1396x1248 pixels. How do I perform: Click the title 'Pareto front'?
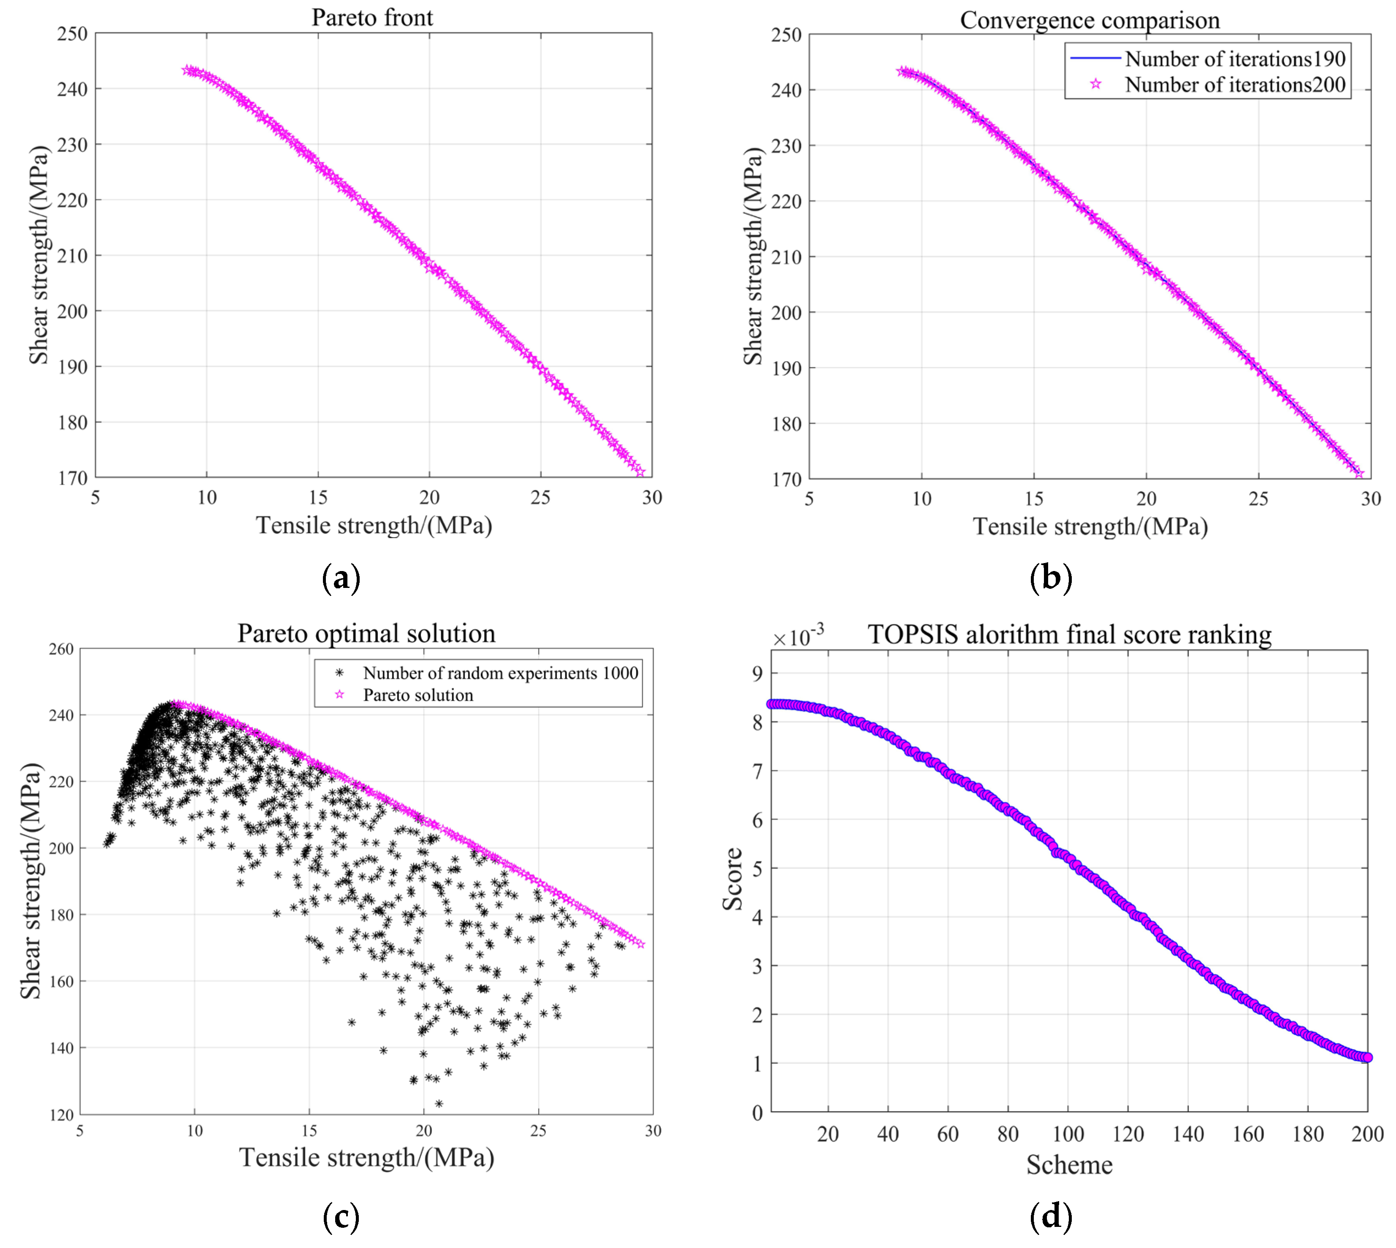(x=372, y=17)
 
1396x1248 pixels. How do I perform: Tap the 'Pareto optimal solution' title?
(x=366, y=633)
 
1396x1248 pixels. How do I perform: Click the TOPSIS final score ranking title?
(x=1069, y=634)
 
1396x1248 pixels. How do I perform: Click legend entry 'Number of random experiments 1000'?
(x=500, y=673)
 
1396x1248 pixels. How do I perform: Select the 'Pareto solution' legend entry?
(x=418, y=695)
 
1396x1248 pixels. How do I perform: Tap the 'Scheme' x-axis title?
(x=1069, y=1165)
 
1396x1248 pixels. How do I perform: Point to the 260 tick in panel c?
(x=61, y=649)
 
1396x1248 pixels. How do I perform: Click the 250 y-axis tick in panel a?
(x=72, y=34)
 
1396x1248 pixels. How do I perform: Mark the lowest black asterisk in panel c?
(x=439, y=1103)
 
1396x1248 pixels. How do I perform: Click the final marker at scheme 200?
(x=1366, y=1057)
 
